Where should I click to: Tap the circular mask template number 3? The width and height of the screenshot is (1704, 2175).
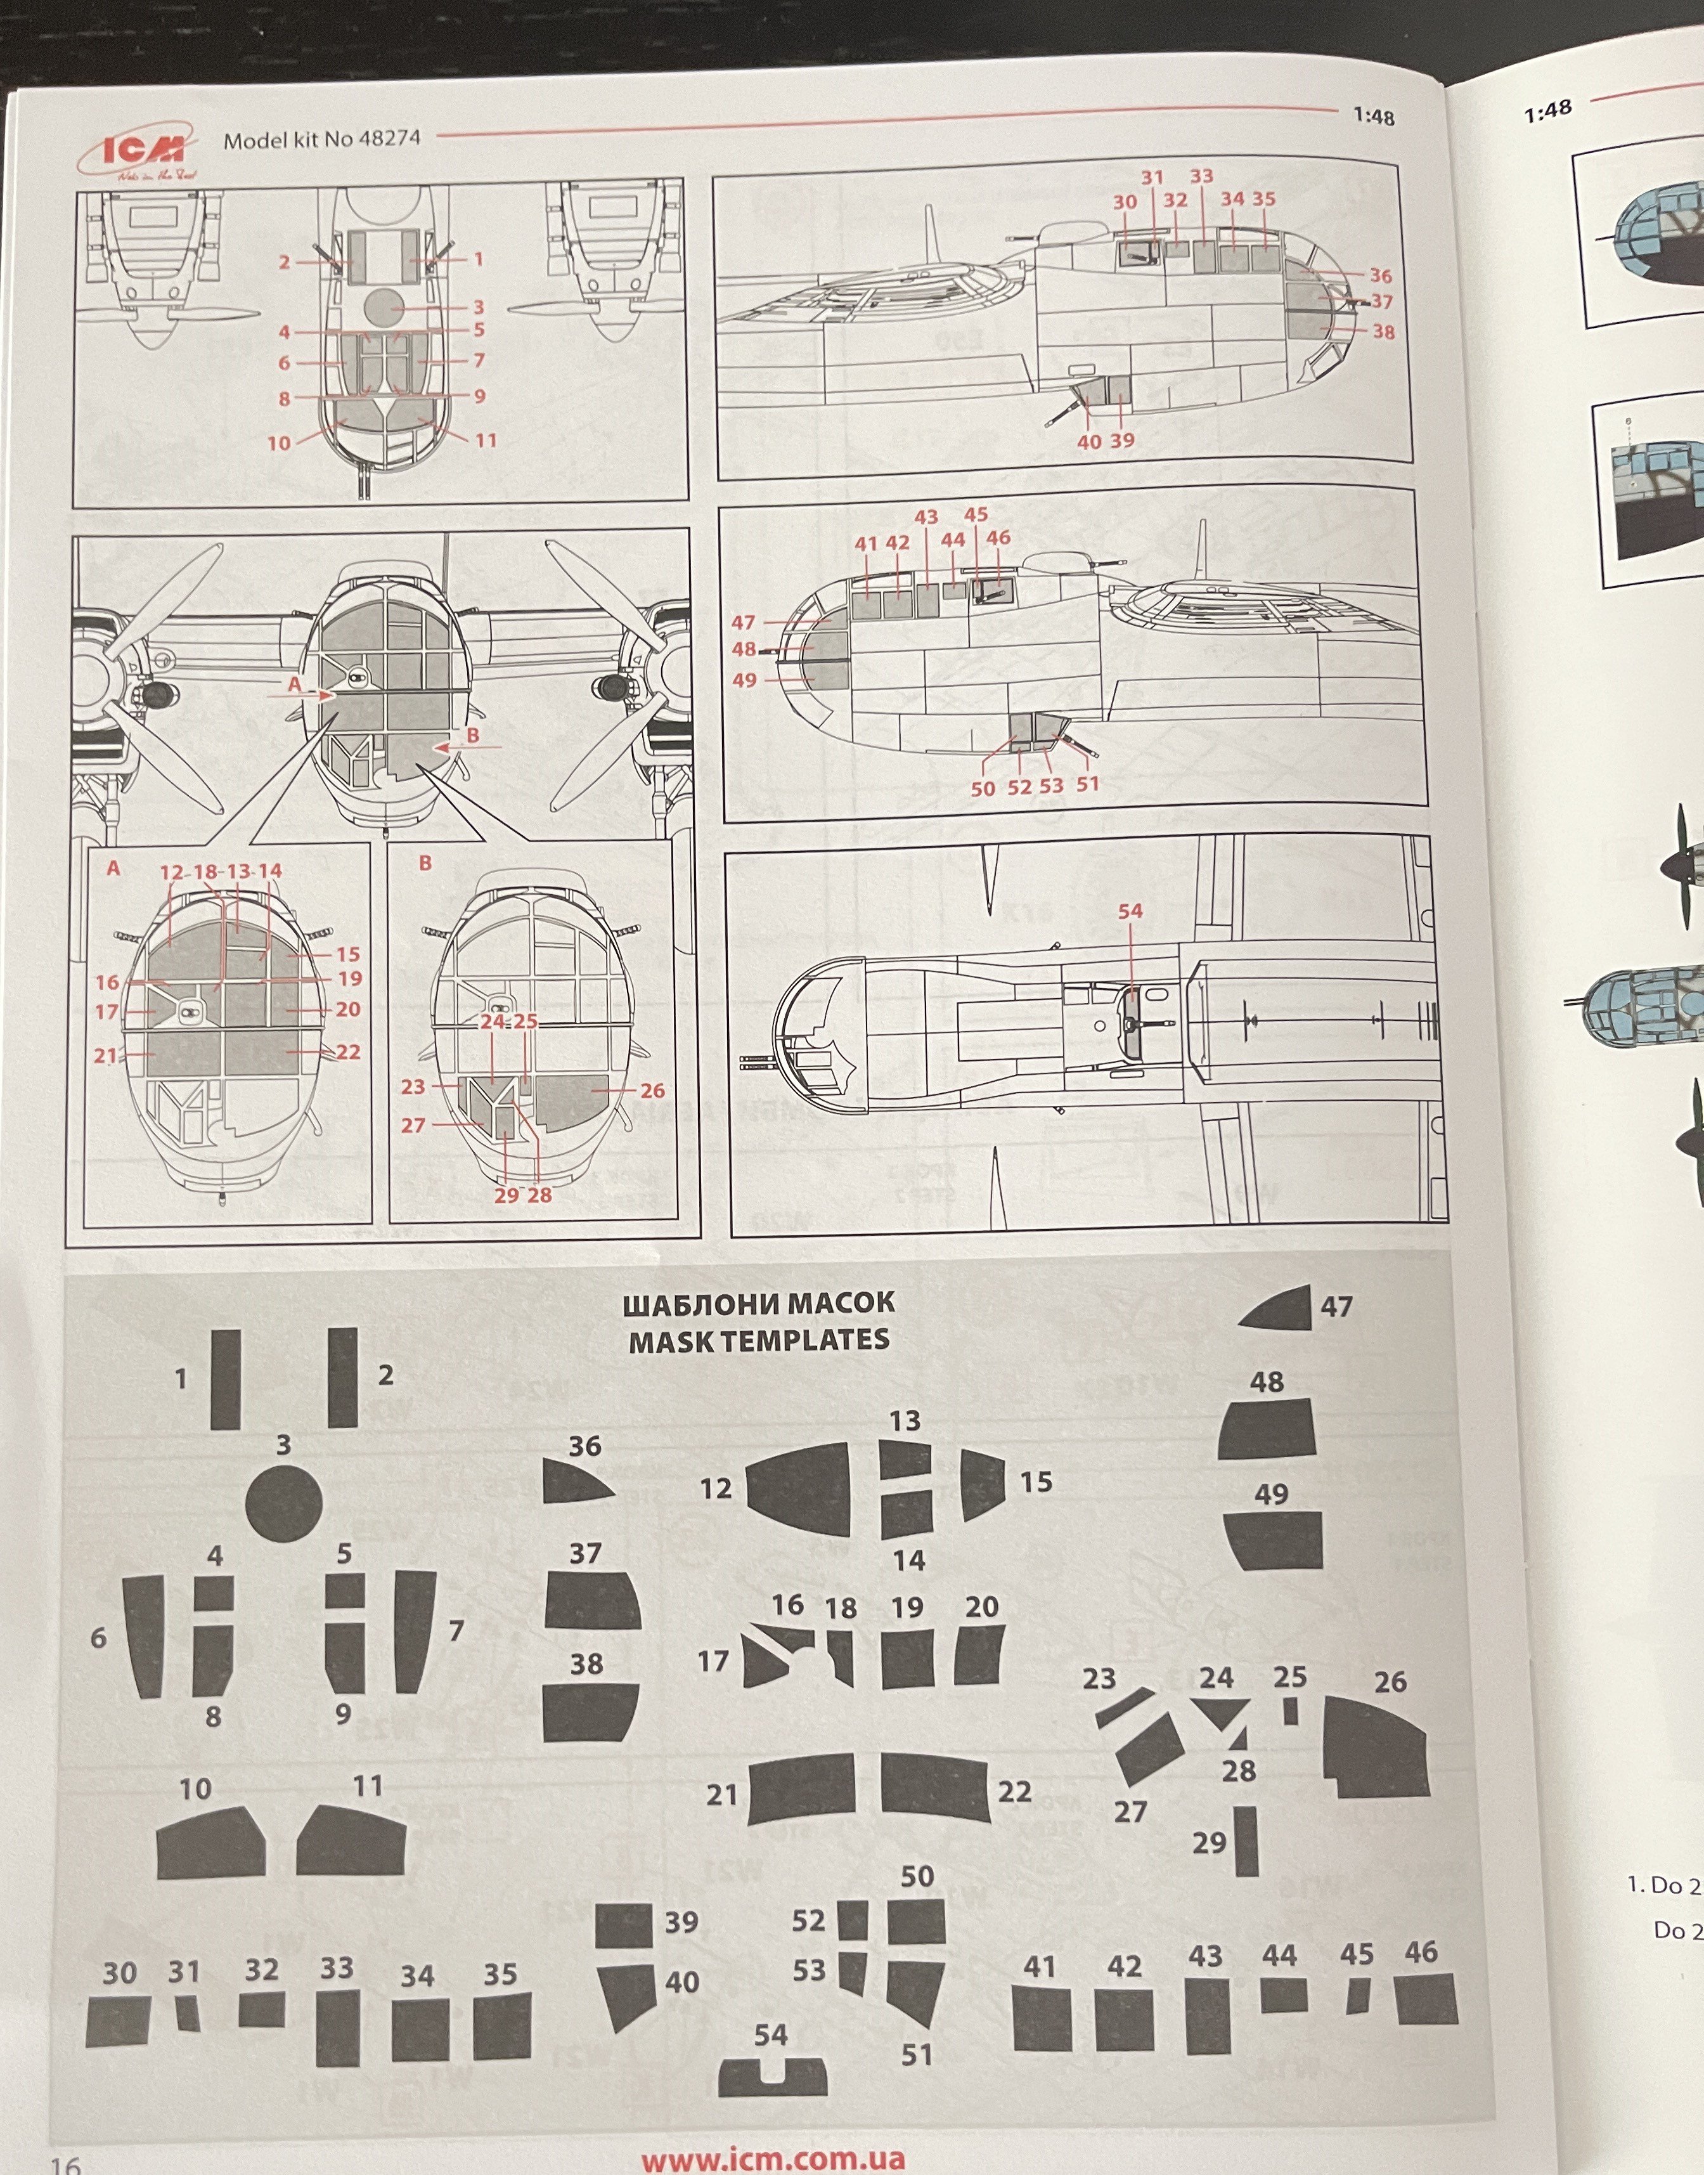tap(283, 1503)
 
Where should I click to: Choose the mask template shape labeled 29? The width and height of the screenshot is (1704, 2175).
tap(1246, 1841)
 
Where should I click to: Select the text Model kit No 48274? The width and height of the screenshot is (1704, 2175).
tap(321, 140)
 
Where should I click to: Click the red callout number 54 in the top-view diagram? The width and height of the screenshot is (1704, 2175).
tap(1130, 911)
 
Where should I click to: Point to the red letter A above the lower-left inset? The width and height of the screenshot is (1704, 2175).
tap(113, 868)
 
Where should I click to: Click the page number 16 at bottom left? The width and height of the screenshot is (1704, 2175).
tap(66, 2163)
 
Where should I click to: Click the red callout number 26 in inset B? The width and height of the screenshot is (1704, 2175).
tap(652, 1091)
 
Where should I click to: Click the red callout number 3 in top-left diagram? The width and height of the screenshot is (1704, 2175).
tap(479, 308)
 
